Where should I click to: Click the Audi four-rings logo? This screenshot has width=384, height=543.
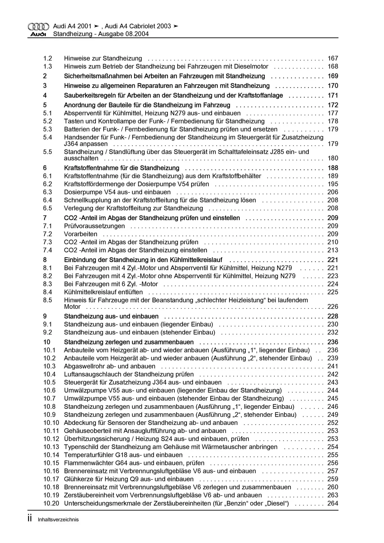[38, 27]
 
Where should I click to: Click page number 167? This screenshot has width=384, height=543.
[333, 58]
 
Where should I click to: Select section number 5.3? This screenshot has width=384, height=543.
[48, 129]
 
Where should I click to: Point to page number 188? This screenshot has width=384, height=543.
[333, 168]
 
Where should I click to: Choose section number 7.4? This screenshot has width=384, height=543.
[48, 250]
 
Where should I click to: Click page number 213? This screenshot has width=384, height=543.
[333, 250]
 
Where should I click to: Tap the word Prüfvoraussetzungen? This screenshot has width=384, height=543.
[94, 226]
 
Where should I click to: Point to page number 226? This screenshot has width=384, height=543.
[333, 307]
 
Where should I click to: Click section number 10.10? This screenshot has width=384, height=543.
[51, 423]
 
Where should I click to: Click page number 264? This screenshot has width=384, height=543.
[333, 503]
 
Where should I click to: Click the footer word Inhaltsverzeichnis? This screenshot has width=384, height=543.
[58, 520]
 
